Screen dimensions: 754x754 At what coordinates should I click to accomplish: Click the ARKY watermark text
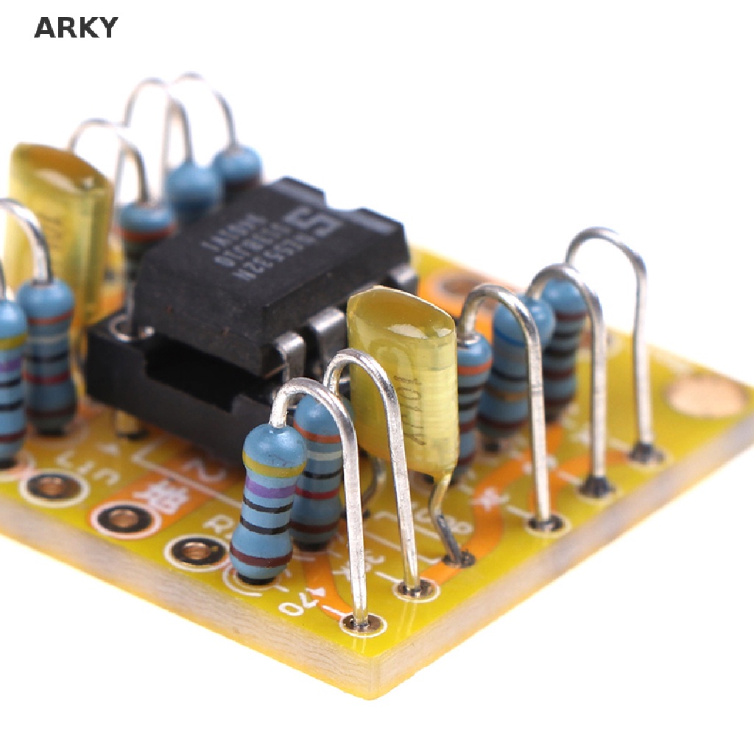pos(76,28)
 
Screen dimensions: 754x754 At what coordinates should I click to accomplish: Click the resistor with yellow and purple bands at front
pos(267,501)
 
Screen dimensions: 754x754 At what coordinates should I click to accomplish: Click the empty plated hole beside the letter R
pos(196,551)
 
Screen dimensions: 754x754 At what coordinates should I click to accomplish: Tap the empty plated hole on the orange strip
pos(124,518)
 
